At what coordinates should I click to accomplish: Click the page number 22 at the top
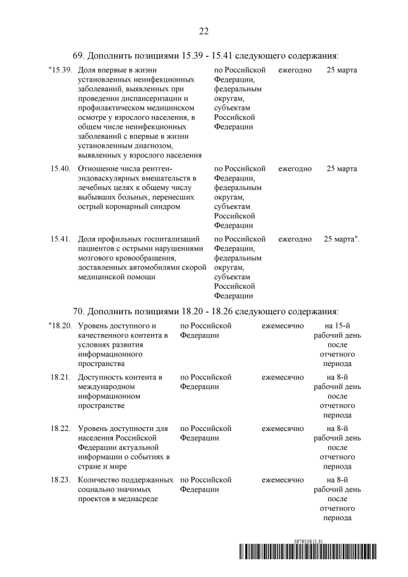pos(204,31)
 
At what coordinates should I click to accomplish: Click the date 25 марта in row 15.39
pos(342,69)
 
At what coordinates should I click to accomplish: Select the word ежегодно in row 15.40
pos(295,168)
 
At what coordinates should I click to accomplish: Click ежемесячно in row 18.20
pos(282,325)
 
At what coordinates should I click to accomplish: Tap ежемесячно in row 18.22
pos(282,428)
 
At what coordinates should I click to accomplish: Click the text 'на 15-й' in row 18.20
pos(337,325)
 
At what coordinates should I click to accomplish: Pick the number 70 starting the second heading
pos(78,311)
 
